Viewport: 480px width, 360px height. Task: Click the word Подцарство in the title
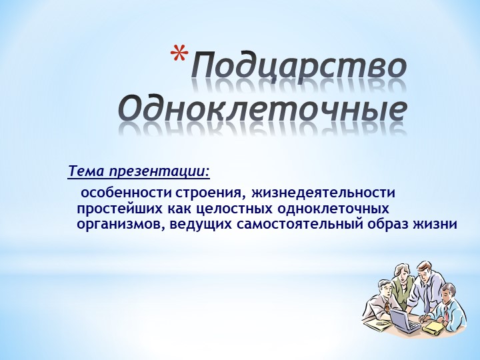(299, 68)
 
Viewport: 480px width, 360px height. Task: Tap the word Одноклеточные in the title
(262, 107)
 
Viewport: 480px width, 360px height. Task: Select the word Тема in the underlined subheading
(85, 171)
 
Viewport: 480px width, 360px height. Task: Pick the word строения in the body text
(209, 193)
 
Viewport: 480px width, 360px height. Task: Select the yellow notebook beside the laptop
(433, 327)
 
